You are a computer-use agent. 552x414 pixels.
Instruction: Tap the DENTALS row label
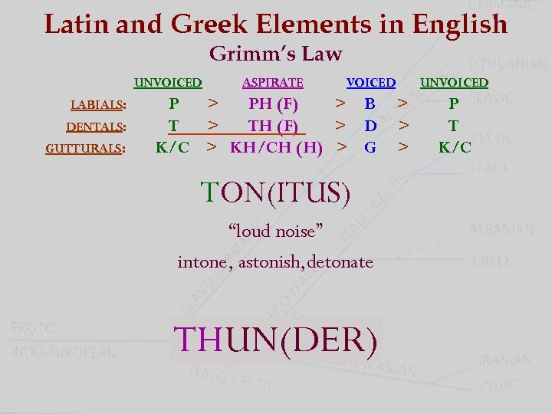pyautogui.click(x=96, y=127)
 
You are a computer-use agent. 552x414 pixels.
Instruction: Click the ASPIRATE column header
pyautogui.click(x=272, y=83)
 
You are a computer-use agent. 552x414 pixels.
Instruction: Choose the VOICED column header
pyautogui.click(x=370, y=83)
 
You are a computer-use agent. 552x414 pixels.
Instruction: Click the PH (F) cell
pyautogui.click(x=273, y=103)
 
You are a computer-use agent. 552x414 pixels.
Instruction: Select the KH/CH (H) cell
pyautogui.click(x=276, y=146)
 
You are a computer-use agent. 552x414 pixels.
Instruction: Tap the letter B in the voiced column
pyautogui.click(x=370, y=103)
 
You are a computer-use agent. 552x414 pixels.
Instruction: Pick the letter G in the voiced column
pyautogui.click(x=370, y=146)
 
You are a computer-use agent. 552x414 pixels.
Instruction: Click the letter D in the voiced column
pyautogui.click(x=370, y=125)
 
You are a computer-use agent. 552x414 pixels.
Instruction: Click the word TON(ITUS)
pyautogui.click(x=275, y=192)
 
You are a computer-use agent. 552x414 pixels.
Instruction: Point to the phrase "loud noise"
pyautogui.click(x=275, y=230)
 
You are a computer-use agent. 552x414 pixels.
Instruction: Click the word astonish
pyautogui.click(x=271, y=262)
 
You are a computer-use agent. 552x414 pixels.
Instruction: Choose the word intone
pyautogui.click(x=202, y=262)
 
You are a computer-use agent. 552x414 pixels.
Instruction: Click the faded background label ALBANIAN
pyautogui.click(x=501, y=228)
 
